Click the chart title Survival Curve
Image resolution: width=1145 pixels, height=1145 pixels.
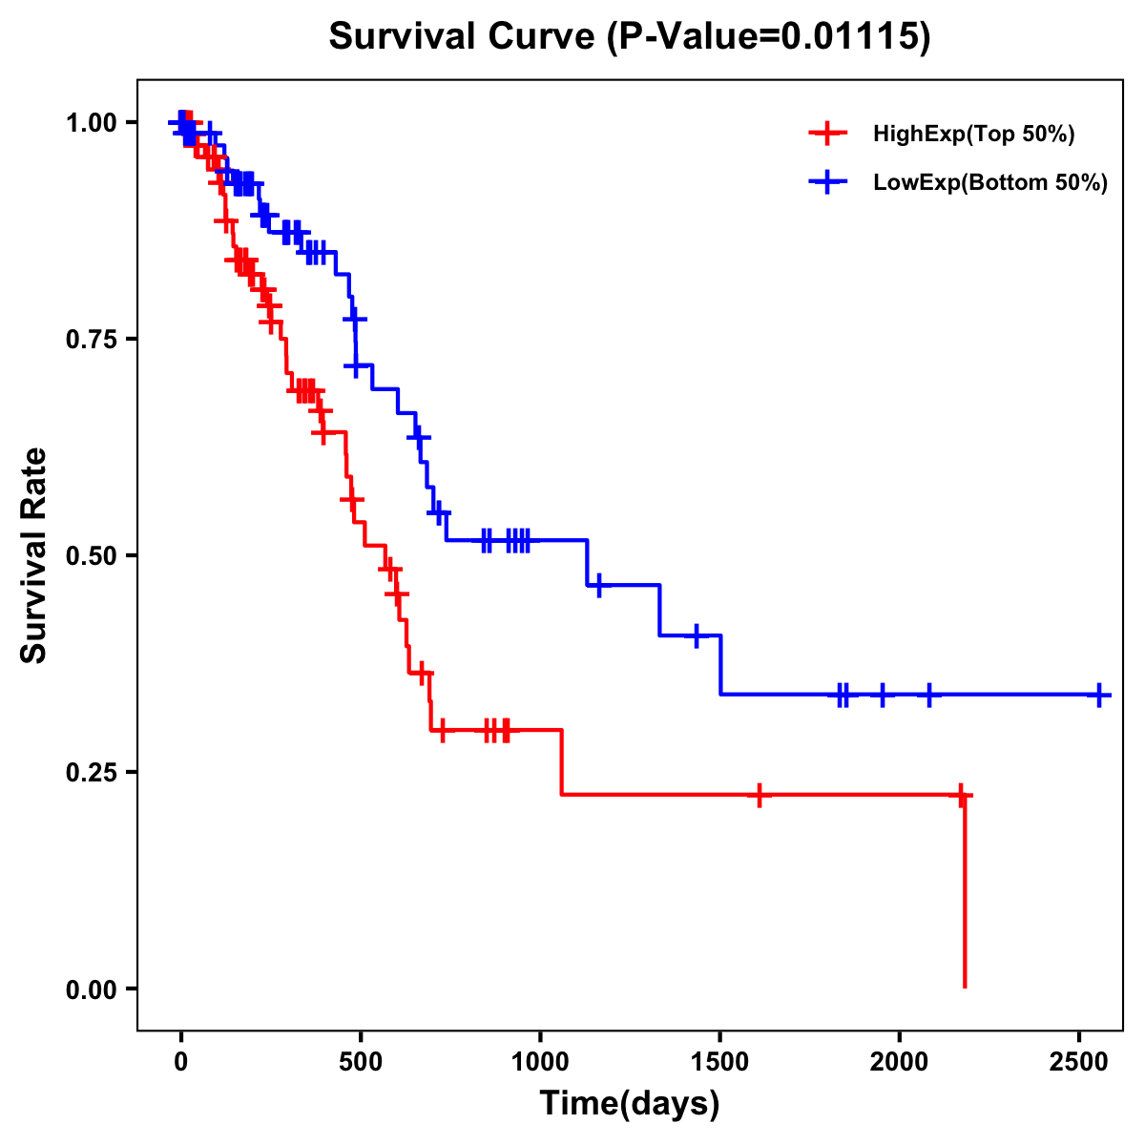[x=462, y=36]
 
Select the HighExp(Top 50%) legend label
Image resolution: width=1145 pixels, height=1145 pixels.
[x=973, y=135]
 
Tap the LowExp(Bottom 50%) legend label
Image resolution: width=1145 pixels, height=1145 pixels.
[x=990, y=183]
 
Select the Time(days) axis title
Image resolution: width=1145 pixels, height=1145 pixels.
[x=630, y=1104]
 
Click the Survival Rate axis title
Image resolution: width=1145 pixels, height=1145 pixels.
[x=34, y=555]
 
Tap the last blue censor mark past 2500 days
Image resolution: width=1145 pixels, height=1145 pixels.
[x=1099, y=695]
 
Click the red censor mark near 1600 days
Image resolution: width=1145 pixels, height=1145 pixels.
[x=759, y=794]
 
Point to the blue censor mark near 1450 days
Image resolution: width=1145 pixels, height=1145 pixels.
[x=697, y=635]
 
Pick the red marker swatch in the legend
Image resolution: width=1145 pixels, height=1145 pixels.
[x=828, y=135]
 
